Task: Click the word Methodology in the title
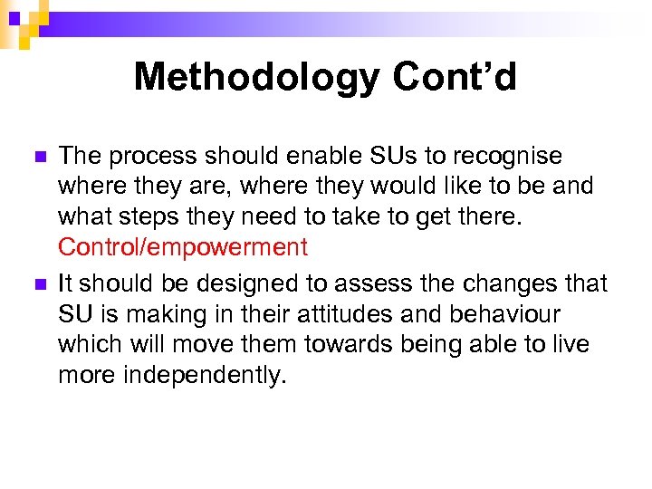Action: (x=256, y=78)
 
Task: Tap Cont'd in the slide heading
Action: (x=455, y=77)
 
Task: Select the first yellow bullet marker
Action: (x=37, y=157)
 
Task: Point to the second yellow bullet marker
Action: (x=37, y=284)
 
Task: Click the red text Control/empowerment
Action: (x=183, y=246)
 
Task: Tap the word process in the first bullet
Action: (x=150, y=156)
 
